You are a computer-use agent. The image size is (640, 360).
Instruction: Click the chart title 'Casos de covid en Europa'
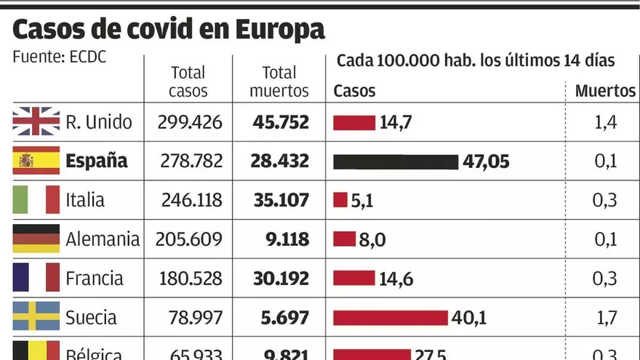[x=168, y=31]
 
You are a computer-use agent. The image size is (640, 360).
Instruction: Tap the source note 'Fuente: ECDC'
[x=60, y=57]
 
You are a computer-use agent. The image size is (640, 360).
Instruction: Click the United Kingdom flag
[x=36, y=121]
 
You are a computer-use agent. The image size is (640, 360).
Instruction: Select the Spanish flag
[x=36, y=161]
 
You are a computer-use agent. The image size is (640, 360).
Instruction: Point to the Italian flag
[x=36, y=199]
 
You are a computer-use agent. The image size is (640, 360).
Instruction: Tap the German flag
[x=36, y=239]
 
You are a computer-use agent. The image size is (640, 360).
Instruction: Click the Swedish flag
[x=36, y=317]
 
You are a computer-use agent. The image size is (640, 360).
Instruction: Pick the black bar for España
[x=396, y=161]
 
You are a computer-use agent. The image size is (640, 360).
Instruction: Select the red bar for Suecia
[x=391, y=318]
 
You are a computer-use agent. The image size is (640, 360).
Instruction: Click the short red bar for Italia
[x=340, y=200]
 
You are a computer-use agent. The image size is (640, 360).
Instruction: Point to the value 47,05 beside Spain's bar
[x=486, y=161]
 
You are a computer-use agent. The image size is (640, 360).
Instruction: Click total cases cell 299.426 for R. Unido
[x=189, y=122]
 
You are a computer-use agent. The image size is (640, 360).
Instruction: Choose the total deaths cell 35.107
[x=281, y=200]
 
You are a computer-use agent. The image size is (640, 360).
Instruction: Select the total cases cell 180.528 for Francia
[x=189, y=279]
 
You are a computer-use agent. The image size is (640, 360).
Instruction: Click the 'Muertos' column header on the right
[x=605, y=92]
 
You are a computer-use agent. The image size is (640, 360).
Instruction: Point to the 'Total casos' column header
[x=188, y=81]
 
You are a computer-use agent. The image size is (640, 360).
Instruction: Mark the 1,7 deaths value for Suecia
[x=605, y=318]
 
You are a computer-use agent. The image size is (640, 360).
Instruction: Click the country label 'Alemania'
[x=103, y=239]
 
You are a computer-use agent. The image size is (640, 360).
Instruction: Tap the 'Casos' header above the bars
[x=354, y=92]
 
